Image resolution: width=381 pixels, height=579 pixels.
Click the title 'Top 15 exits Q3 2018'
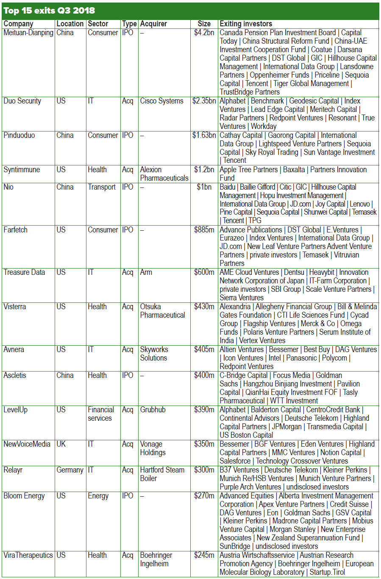click(x=49, y=11)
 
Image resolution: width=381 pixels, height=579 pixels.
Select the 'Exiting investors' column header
click(x=246, y=24)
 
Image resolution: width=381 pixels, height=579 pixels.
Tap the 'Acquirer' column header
click(x=153, y=24)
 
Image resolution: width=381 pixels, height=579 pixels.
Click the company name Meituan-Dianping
click(x=28, y=33)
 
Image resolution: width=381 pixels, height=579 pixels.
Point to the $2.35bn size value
click(x=204, y=101)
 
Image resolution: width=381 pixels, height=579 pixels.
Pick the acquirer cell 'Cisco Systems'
click(x=161, y=101)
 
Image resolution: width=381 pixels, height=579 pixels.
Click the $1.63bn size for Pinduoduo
click(x=204, y=135)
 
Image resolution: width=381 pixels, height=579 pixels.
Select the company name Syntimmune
click(x=22, y=170)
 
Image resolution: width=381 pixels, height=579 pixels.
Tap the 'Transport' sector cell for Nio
click(x=102, y=187)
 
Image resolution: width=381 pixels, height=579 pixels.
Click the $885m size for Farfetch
click(x=204, y=230)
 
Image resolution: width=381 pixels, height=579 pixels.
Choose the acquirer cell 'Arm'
click(x=146, y=272)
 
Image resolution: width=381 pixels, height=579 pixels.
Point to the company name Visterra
click(x=14, y=307)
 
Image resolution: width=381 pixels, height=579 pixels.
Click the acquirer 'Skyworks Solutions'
click(x=154, y=354)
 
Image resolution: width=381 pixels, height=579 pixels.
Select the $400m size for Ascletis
click(x=204, y=375)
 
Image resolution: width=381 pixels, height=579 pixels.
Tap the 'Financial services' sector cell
click(x=101, y=414)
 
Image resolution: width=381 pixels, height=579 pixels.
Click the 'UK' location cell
click(x=61, y=444)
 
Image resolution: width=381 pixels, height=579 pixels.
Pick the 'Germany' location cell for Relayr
click(x=70, y=470)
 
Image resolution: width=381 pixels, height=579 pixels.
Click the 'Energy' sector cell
click(x=98, y=496)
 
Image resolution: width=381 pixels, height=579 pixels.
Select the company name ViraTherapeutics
click(x=28, y=555)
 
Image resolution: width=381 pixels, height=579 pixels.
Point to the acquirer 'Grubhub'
click(x=153, y=410)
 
